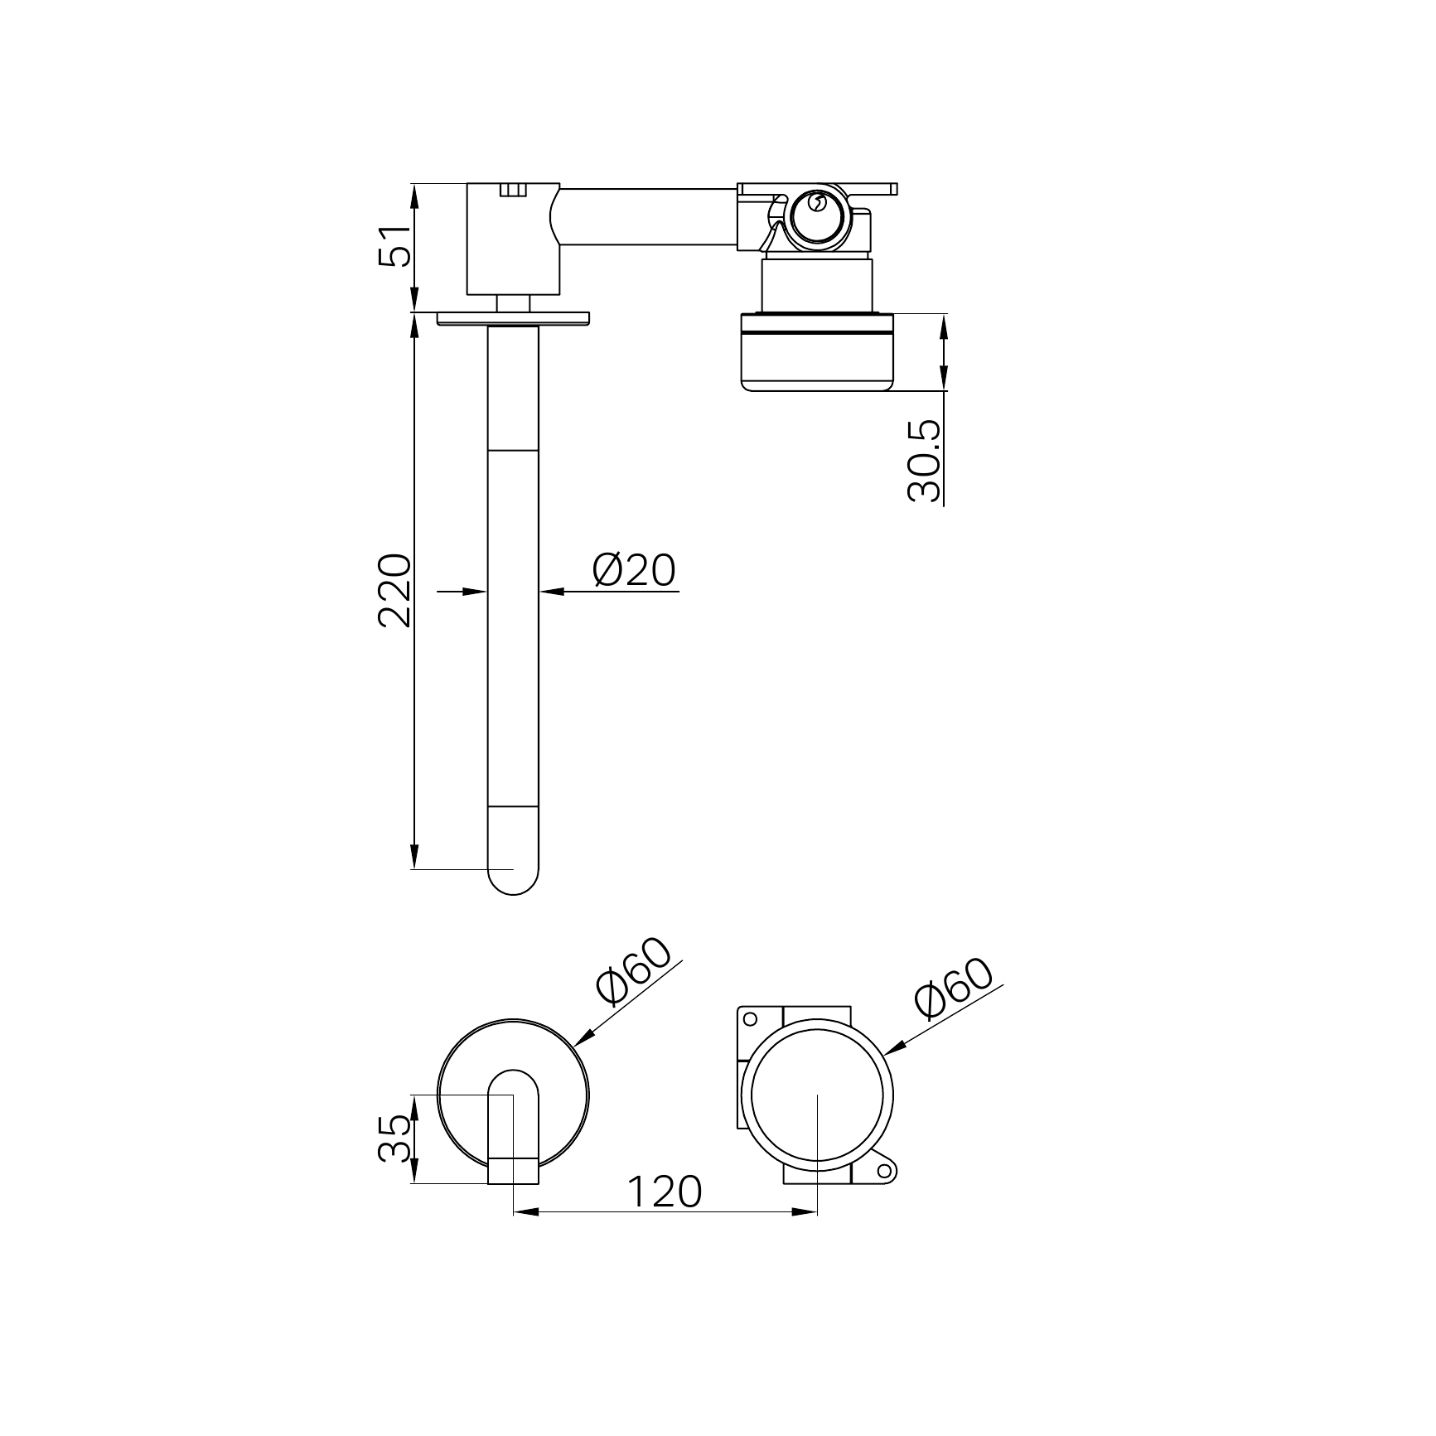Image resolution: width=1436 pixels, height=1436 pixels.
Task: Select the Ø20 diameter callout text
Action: click(634, 570)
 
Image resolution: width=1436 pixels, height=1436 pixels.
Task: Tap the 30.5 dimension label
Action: click(925, 460)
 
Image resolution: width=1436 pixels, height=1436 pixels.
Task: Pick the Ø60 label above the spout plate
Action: click(633, 972)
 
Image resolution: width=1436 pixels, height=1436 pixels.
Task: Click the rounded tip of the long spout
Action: click(513, 882)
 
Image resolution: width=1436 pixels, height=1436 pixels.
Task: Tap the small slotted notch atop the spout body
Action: click(513, 191)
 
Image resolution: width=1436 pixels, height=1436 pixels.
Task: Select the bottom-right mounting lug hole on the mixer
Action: click(884, 1171)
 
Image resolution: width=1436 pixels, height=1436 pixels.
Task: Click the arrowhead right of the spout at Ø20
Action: click(552, 591)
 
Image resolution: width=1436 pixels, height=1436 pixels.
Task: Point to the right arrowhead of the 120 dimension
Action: click(805, 1211)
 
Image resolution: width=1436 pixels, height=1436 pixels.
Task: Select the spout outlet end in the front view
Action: click(513, 1170)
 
